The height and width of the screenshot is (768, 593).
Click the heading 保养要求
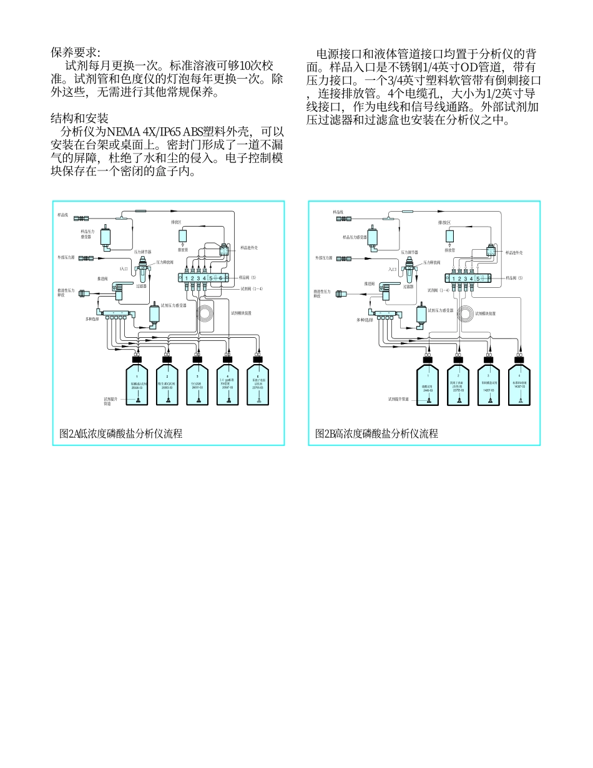pos(75,53)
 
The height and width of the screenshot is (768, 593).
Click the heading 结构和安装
pos(79,118)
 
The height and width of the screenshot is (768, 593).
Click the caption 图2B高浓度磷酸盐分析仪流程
pos(376,433)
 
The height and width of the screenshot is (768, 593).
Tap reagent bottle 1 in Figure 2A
pos(137,385)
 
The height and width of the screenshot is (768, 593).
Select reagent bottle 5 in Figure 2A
pos(258,385)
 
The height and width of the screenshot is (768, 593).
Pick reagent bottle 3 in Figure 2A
pos(197,385)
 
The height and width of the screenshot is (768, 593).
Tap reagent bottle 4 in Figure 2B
pos(519,385)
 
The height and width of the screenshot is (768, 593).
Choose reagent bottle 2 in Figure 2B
pos(459,385)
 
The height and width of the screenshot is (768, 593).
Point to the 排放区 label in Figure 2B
pos(444,222)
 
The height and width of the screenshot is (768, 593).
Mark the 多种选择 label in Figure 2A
pos(92,319)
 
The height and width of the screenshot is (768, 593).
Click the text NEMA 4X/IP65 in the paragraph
pos(143,132)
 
